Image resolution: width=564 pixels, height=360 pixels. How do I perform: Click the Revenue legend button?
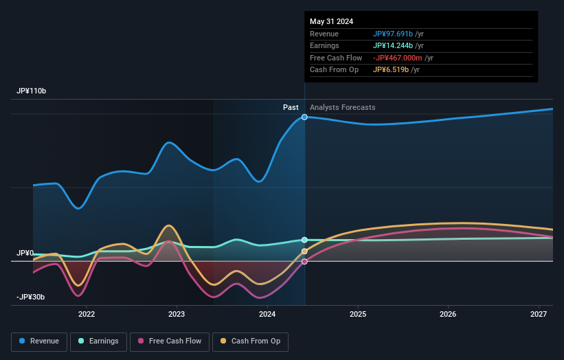pos(40,341)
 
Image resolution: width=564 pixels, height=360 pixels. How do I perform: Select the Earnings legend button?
pos(98,341)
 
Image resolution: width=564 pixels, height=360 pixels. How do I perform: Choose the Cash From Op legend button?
pos(250,341)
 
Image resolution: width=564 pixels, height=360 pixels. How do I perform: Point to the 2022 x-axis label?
pos(87,314)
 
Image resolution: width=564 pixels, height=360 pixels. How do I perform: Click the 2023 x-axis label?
pos(177,314)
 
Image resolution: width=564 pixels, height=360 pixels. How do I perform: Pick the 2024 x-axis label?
pos(267,314)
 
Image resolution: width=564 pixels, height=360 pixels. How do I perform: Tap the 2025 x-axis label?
pos(358,314)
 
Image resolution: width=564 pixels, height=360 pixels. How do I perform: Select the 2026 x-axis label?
pos(448,314)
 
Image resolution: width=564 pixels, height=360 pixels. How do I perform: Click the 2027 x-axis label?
pos(539,314)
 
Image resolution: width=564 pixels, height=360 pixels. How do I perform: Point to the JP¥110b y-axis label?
pos(32,91)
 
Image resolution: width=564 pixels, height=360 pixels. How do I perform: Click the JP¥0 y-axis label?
pos(25,254)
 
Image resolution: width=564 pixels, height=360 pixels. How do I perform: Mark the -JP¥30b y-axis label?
pos(31,297)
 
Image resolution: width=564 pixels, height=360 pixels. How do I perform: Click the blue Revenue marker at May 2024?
pos(304,117)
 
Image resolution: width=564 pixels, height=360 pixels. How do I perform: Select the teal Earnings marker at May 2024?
pos(304,240)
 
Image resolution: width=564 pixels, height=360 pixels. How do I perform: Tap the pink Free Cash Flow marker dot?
pos(304,261)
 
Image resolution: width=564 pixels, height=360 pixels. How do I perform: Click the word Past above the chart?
pos(291,107)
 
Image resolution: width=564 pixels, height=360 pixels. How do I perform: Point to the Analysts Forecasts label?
pos(343,107)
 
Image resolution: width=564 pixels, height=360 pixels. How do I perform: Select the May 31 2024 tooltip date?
pos(331,21)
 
